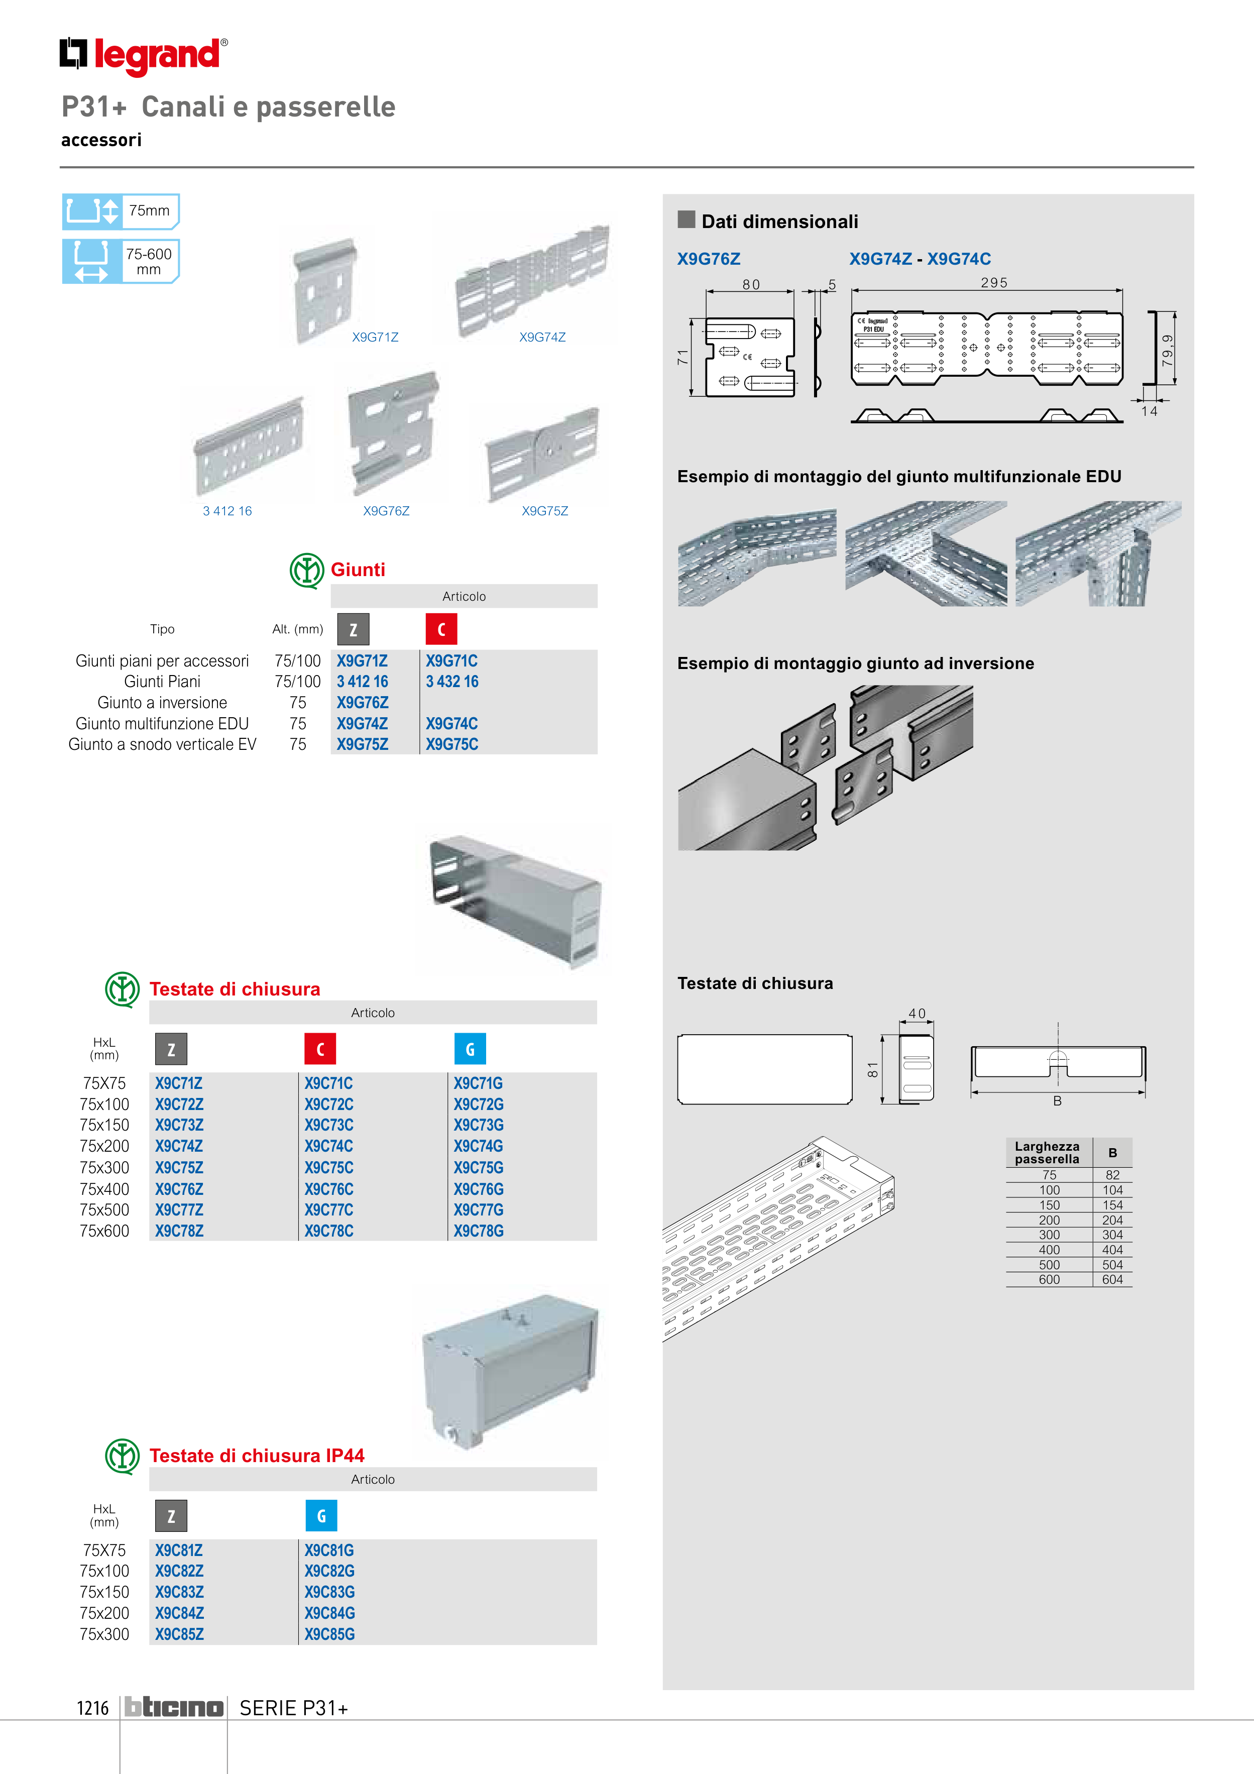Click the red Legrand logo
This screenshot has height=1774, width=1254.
144,56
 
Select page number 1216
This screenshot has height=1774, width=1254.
93,1708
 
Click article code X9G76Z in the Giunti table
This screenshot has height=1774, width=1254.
363,702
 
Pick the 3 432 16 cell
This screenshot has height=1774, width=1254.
452,682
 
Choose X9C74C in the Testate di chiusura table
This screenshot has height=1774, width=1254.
328,1146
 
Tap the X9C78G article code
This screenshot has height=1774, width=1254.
478,1231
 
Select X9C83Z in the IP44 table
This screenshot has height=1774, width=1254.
179,1592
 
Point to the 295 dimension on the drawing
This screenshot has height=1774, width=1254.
994,283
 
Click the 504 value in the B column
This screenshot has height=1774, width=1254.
1112,1265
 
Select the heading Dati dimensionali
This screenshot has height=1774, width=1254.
779,222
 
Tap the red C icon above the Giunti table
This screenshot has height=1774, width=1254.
441,629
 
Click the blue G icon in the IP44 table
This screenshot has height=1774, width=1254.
321,1516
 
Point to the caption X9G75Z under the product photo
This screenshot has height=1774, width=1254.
545,511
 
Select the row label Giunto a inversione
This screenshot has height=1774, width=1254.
162,702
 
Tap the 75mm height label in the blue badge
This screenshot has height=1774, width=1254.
149,210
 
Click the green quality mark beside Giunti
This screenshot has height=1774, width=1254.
307,570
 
